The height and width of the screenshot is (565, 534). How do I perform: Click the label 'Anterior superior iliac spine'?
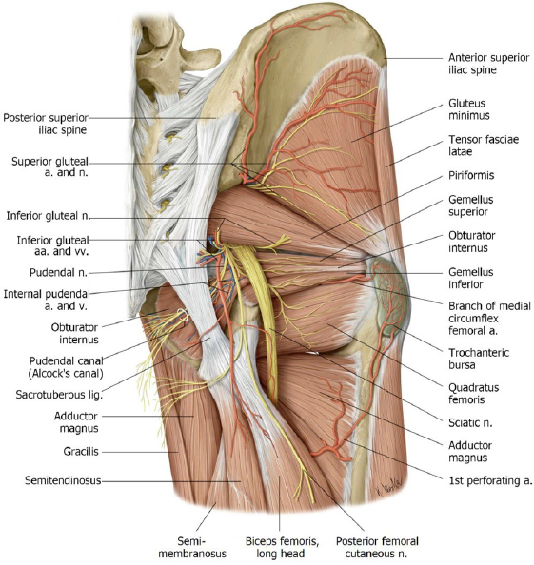[x=489, y=64]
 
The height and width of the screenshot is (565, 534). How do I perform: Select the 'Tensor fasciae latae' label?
[x=484, y=146]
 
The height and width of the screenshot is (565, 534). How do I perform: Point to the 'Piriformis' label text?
[x=471, y=175]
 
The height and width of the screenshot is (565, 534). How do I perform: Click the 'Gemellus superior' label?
[x=470, y=205]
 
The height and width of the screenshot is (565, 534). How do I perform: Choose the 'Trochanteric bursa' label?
[x=479, y=359]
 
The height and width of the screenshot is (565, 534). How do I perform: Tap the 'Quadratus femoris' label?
[x=473, y=394]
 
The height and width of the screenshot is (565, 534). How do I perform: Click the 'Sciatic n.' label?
[x=470, y=422]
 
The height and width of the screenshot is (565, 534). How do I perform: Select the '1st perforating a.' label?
[x=490, y=480]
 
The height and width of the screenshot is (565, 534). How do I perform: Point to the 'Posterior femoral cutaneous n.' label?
[x=377, y=547]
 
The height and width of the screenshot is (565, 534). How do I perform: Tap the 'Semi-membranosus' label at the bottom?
[x=192, y=547]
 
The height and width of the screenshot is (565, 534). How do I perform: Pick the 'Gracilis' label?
[x=81, y=452]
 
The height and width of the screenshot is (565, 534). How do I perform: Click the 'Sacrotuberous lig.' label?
[x=59, y=395]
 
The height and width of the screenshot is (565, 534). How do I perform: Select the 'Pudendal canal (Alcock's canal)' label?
[x=66, y=367]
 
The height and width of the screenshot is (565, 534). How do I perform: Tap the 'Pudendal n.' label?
[x=58, y=272]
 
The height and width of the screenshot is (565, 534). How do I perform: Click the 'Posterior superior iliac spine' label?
[x=46, y=124]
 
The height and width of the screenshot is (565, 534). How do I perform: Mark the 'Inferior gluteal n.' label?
[x=48, y=216]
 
